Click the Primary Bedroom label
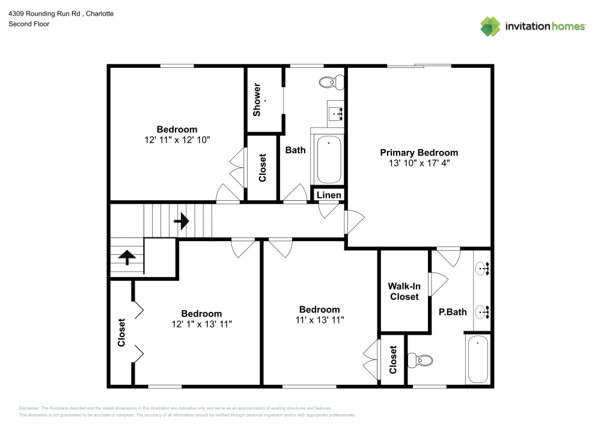click(x=418, y=153)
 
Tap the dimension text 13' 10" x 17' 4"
click(x=418, y=163)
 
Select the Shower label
click(x=257, y=100)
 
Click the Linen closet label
click(x=329, y=195)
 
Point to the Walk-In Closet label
click(x=404, y=292)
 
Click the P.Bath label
click(x=453, y=312)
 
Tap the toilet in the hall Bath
click(x=330, y=82)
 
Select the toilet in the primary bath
click(x=421, y=361)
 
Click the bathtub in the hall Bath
click(x=329, y=159)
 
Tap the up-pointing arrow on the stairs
click(x=127, y=257)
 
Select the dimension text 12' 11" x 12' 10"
click(x=177, y=139)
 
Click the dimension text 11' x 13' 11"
click(x=319, y=320)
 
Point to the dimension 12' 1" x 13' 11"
click(x=201, y=324)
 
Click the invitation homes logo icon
click(x=490, y=26)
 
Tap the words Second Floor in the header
click(x=29, y=24)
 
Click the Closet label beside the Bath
click(x=263, y=168)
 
